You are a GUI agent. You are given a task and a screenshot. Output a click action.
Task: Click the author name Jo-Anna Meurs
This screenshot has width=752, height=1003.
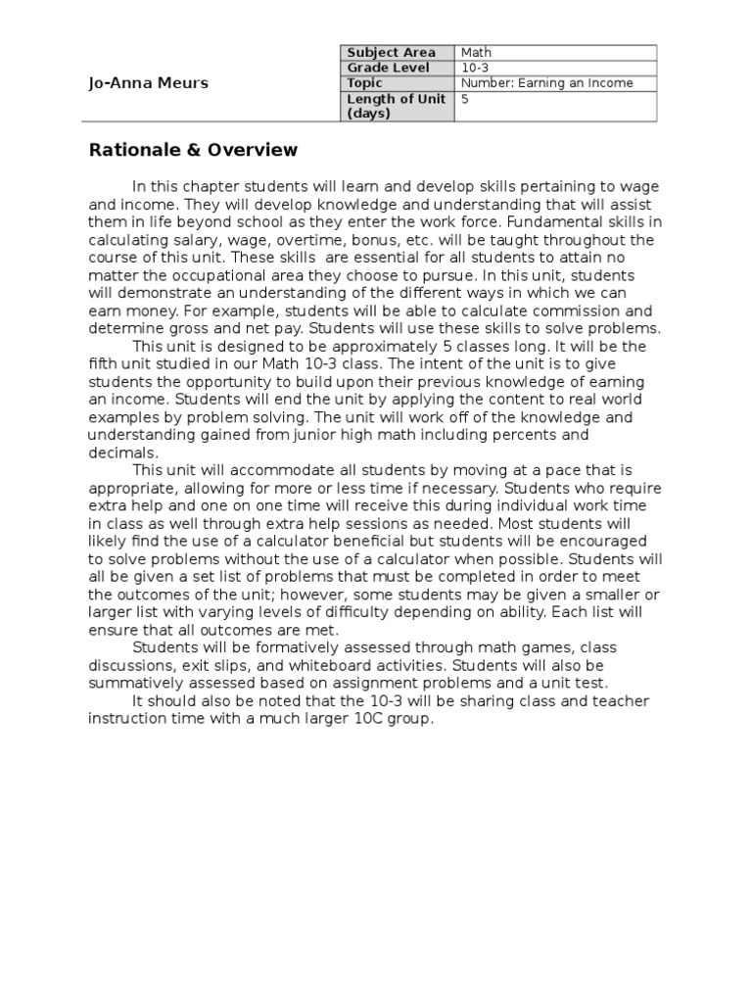click(148, 83)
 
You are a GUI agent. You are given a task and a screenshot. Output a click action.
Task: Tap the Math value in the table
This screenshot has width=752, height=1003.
click(477, 52)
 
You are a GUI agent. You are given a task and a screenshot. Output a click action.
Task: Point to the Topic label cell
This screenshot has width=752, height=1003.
click(364, 83)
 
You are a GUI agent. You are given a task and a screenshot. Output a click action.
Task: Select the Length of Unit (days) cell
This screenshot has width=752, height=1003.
click(396, 106)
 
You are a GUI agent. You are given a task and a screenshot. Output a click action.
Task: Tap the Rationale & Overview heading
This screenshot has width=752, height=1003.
click(193, 150)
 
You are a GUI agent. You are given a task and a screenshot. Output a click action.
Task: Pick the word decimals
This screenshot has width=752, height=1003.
click(121, 453)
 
